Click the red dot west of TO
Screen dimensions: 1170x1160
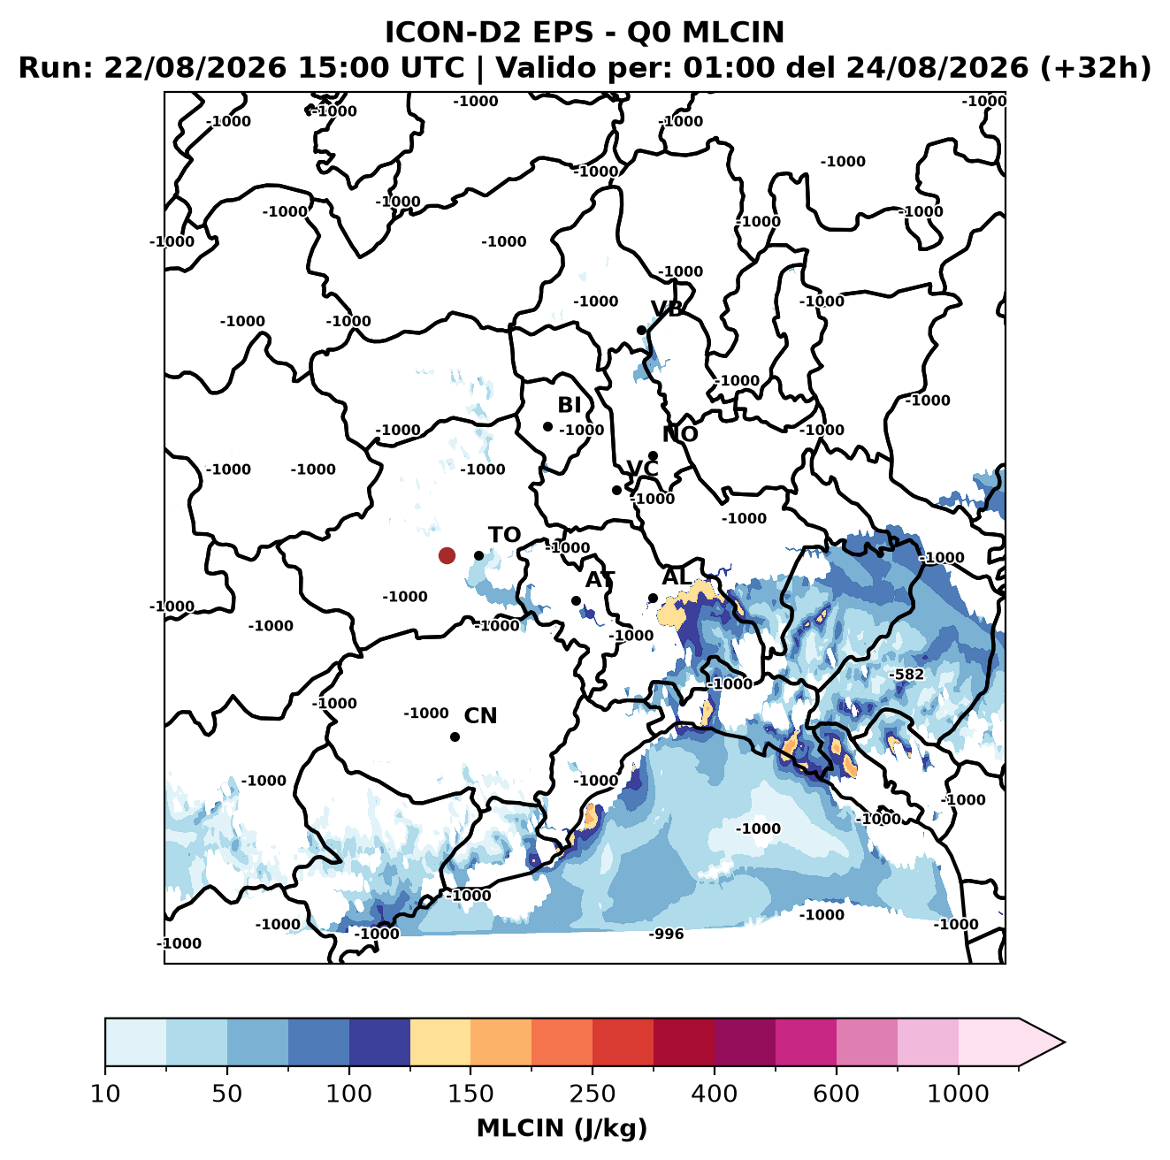(447, 555)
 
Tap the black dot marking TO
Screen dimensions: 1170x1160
(478, 555)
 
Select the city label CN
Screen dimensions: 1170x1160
(480, 716)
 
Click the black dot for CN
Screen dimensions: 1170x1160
(455, 736)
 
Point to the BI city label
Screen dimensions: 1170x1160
(569, 405)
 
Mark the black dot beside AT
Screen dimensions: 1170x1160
(576, 601)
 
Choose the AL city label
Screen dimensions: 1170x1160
(677, 576)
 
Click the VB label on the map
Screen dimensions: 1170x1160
(667, 309)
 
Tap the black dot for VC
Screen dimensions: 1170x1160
(616, 490)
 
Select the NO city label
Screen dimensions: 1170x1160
(680, 434)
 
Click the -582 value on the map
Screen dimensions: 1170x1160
(906, 675)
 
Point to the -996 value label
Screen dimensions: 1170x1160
(666, 934)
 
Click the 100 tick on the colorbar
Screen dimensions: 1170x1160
(348, 1094)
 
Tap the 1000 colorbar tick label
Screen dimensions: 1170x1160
(958, 1094)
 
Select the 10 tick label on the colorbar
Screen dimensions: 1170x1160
(105, 1094)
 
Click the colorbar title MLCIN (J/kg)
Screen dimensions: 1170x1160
(562, 1128)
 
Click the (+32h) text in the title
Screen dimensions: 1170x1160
(1095, 68)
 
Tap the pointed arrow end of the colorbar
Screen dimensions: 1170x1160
(1064, 1042)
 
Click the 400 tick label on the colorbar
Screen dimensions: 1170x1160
(714, 1094)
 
